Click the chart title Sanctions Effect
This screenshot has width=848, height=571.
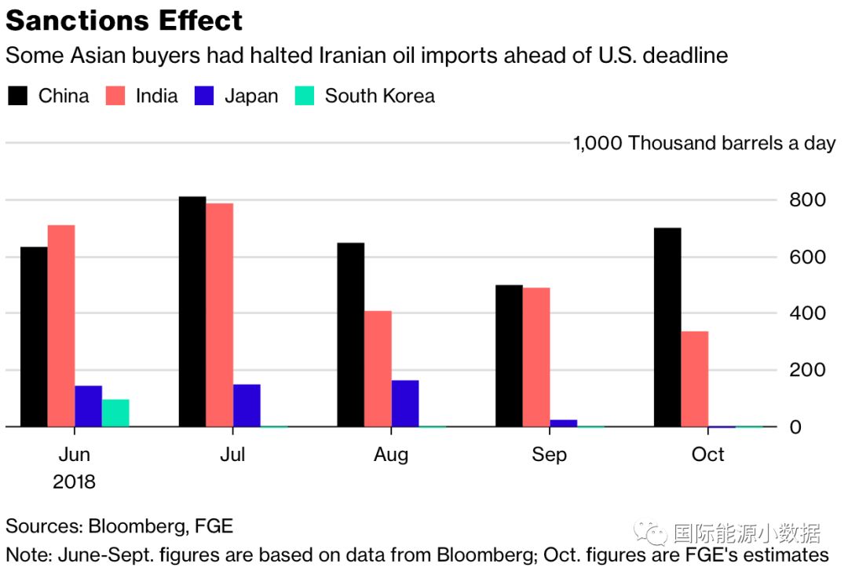click(x=124, y=20)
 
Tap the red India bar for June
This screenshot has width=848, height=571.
click(x=61, y=326)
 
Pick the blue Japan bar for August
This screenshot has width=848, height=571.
click(x=405, y=404)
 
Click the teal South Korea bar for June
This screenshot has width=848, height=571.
click(x=115, y=413)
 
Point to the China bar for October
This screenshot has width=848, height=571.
click(x=667, y=328)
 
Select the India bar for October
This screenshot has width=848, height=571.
click(x=695, y=379)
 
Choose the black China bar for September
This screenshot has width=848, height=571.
click(x=509, y=356)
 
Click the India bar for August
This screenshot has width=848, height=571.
click(x=378, y=369)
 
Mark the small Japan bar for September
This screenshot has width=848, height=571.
click(x=564, y=423)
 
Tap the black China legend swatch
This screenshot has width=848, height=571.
click(x=17, y=97)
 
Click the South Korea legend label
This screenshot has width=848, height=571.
click(x=379, y=97)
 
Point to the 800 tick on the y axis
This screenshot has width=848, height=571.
click(x=807, y=200)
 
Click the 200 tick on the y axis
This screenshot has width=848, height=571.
click(x=807, y=370)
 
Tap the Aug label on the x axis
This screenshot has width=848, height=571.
click(x=391, y=455)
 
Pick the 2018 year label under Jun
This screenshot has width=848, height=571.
click(x=74, y=481)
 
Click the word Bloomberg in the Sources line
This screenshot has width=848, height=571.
click(x=142, y=526)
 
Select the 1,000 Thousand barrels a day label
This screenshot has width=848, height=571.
click(x=704, y=144)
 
